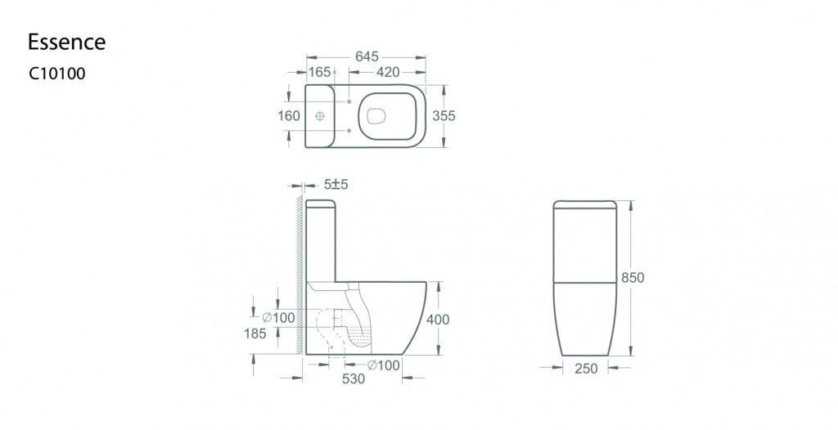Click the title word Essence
(67, 42)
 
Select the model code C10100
(57, 74)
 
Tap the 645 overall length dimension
(367, 56)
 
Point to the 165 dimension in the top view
(320, 72)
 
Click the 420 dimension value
(388, 72)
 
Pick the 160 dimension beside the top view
(289, 115)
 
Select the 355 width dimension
(444, 115)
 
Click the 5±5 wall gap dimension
(336, 185)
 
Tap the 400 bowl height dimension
(438, 320)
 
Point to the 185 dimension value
(255, 334)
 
